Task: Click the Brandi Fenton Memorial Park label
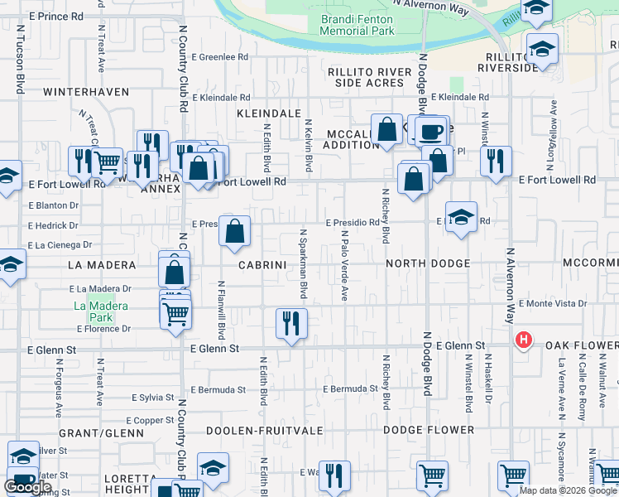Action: (x=357, y=24)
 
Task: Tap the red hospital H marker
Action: (x=523, y=340)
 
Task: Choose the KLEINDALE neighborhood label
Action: (x=268, y=113)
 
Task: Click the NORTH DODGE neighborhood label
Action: (x=428, y=263)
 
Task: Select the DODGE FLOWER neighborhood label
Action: (x=429, y=430)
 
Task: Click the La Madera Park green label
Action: (x=100, y=311)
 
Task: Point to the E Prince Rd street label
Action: (x=55, y=16)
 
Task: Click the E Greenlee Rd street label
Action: (x=220, y=58)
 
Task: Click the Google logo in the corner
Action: (x=27, y=487)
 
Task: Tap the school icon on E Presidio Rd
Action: (x=461, y=218)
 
